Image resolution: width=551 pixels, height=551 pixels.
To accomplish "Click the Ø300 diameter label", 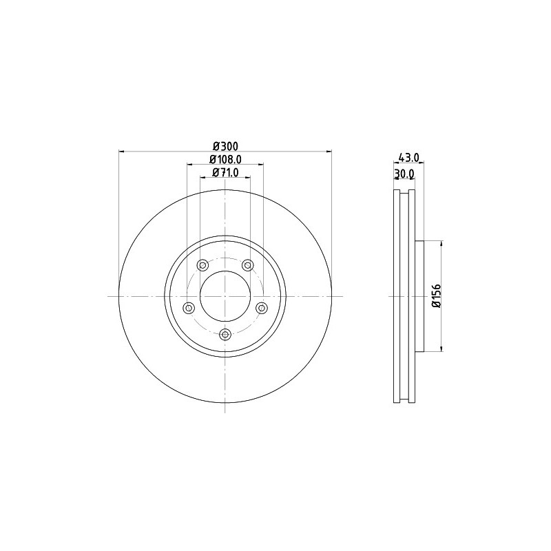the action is point(226,146).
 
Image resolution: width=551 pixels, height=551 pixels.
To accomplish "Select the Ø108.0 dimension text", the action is point(225,160).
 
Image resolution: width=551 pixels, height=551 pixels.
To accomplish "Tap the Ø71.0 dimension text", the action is point(226,173).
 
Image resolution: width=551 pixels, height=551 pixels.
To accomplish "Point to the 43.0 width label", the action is point(409,158).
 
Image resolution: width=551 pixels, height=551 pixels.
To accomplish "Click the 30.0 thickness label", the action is point(404,174).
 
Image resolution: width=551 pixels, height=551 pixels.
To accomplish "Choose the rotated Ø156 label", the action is point(436,296).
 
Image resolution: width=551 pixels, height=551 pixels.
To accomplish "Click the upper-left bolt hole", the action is point(202,265).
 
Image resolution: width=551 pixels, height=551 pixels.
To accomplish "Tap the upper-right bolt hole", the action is point(248,265).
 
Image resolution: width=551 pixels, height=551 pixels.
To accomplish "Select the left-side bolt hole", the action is point(189,308).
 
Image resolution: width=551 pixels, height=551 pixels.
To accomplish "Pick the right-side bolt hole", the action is point(262,308).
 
